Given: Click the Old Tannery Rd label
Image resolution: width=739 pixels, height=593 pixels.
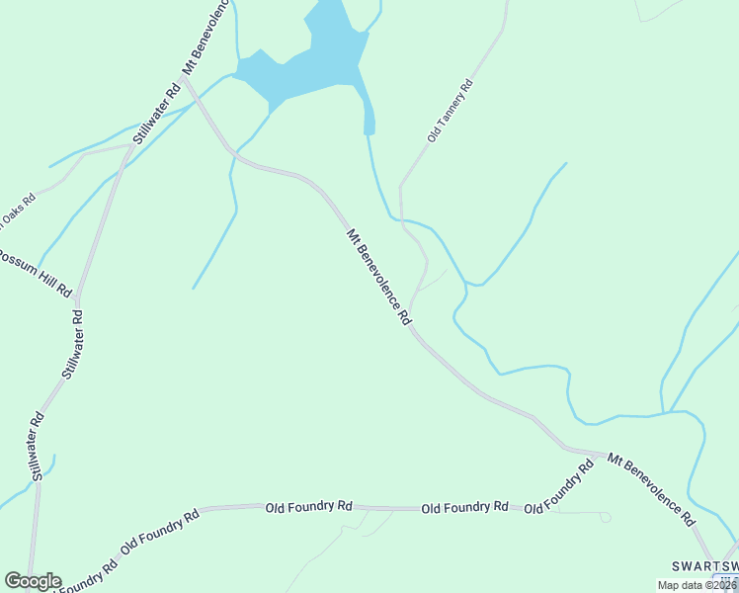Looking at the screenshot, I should tap(452, 112).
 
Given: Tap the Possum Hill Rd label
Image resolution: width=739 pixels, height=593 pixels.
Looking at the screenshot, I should tap(36, 270).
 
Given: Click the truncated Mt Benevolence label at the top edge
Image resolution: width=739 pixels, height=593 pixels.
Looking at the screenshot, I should tap(205, 39).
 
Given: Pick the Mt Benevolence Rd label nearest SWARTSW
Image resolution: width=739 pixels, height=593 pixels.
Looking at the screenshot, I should tap(651, 488).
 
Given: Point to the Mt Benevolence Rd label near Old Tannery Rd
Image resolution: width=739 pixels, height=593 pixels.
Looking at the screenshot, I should tap(378, 278).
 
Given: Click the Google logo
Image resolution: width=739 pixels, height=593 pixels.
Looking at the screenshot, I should tap(32, 581).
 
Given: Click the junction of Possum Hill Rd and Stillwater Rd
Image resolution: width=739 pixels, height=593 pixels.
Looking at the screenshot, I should tap(77, 297).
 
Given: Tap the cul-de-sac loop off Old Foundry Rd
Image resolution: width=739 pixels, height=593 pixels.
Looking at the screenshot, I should tap(605, 517).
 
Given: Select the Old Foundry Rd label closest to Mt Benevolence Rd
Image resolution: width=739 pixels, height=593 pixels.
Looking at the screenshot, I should tap(560, 488).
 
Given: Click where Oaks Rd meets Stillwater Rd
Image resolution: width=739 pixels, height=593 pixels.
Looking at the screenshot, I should tap(131, 146).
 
